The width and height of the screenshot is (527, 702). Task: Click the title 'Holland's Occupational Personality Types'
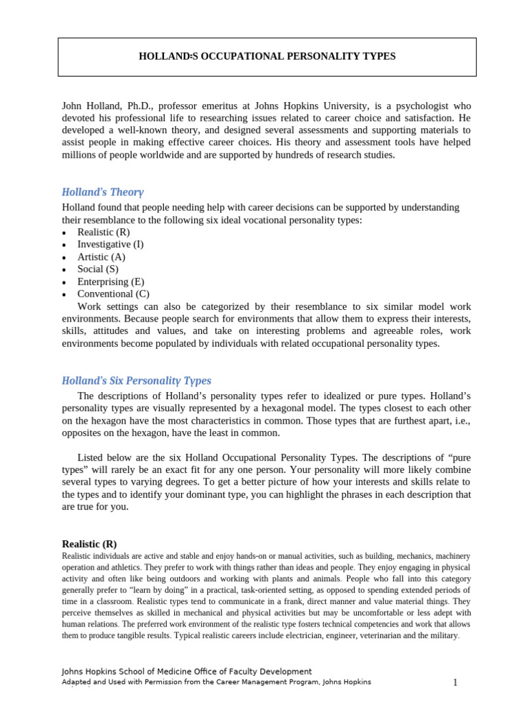[x=267, y=56]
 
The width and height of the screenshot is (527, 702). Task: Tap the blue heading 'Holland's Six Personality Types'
[x=137, y=380]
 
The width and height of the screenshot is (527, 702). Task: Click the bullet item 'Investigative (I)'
[x=110, y=244]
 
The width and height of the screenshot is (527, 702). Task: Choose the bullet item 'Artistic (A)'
[x=101, y=256]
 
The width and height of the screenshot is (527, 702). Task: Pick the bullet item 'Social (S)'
[x=97, y=269]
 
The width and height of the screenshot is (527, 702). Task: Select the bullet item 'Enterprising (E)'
[x=110, y=282]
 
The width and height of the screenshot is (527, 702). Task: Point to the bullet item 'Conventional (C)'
[x=113, y=294]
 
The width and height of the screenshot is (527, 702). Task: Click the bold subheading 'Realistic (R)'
[x=89, y=544]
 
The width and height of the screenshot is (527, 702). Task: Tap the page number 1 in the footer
[x=454, y=682]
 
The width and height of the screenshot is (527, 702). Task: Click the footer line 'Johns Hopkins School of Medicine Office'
[x=187, y=672]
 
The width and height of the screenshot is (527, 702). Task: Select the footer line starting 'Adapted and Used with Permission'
[x=216, y=682]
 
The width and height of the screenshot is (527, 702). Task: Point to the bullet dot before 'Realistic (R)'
[x=65, y=233]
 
